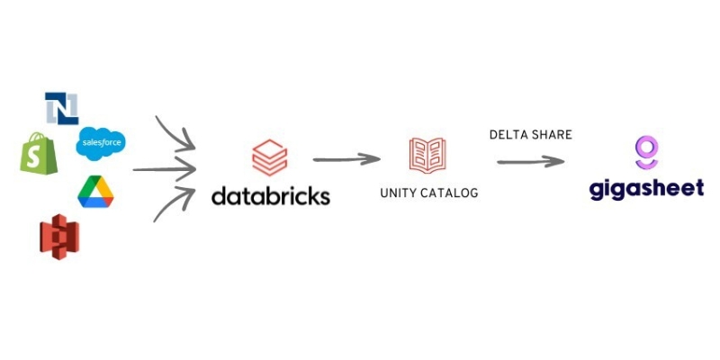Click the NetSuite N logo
[61, 108]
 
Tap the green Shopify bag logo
[39, 153]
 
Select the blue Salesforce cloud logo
[101, 144]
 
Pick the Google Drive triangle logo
[95, 192]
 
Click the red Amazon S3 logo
[59, 237]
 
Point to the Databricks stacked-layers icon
[270, 158]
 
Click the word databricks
[271, 195]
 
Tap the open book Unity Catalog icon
[427, 156]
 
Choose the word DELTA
[508, 134]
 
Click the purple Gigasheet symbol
[646, 152]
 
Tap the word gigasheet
[646, 189]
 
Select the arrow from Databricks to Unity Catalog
[346, 159]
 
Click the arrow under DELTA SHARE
[531, 161]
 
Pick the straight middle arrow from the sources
[165, 169]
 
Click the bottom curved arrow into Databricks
[173, 206]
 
